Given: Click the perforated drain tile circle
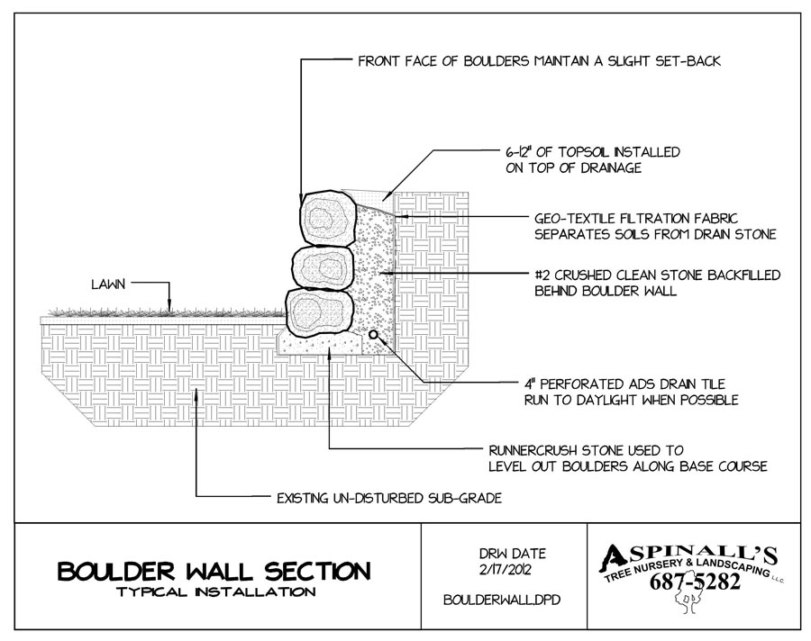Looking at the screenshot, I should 372,336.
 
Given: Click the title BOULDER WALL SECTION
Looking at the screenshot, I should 213,571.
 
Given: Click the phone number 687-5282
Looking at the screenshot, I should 695,583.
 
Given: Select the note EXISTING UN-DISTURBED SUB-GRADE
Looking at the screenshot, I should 376,496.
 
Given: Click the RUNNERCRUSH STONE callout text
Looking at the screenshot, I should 627,456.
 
